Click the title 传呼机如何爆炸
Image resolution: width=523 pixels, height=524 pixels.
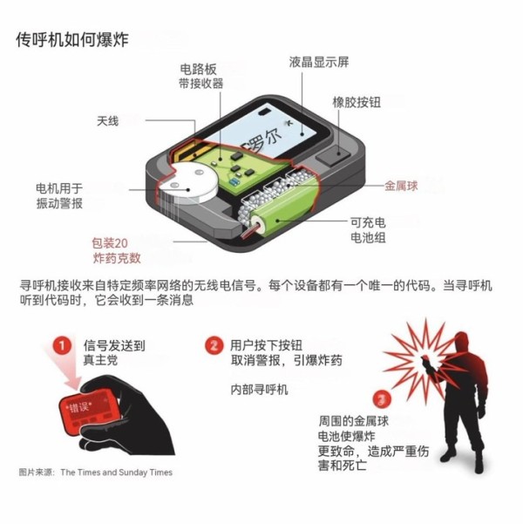click(x=71, y=41)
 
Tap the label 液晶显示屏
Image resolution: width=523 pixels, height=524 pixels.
click(x=319, y=62)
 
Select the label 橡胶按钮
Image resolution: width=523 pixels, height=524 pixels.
click(x=357, y=102)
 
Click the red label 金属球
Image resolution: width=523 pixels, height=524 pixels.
click(x=404, y=186)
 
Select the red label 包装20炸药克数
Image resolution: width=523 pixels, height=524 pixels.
click(x=117, y=251)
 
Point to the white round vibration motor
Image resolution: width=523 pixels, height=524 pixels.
click(x=188, y=185)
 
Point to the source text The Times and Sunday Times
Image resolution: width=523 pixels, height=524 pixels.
click(x=116, y=473)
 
